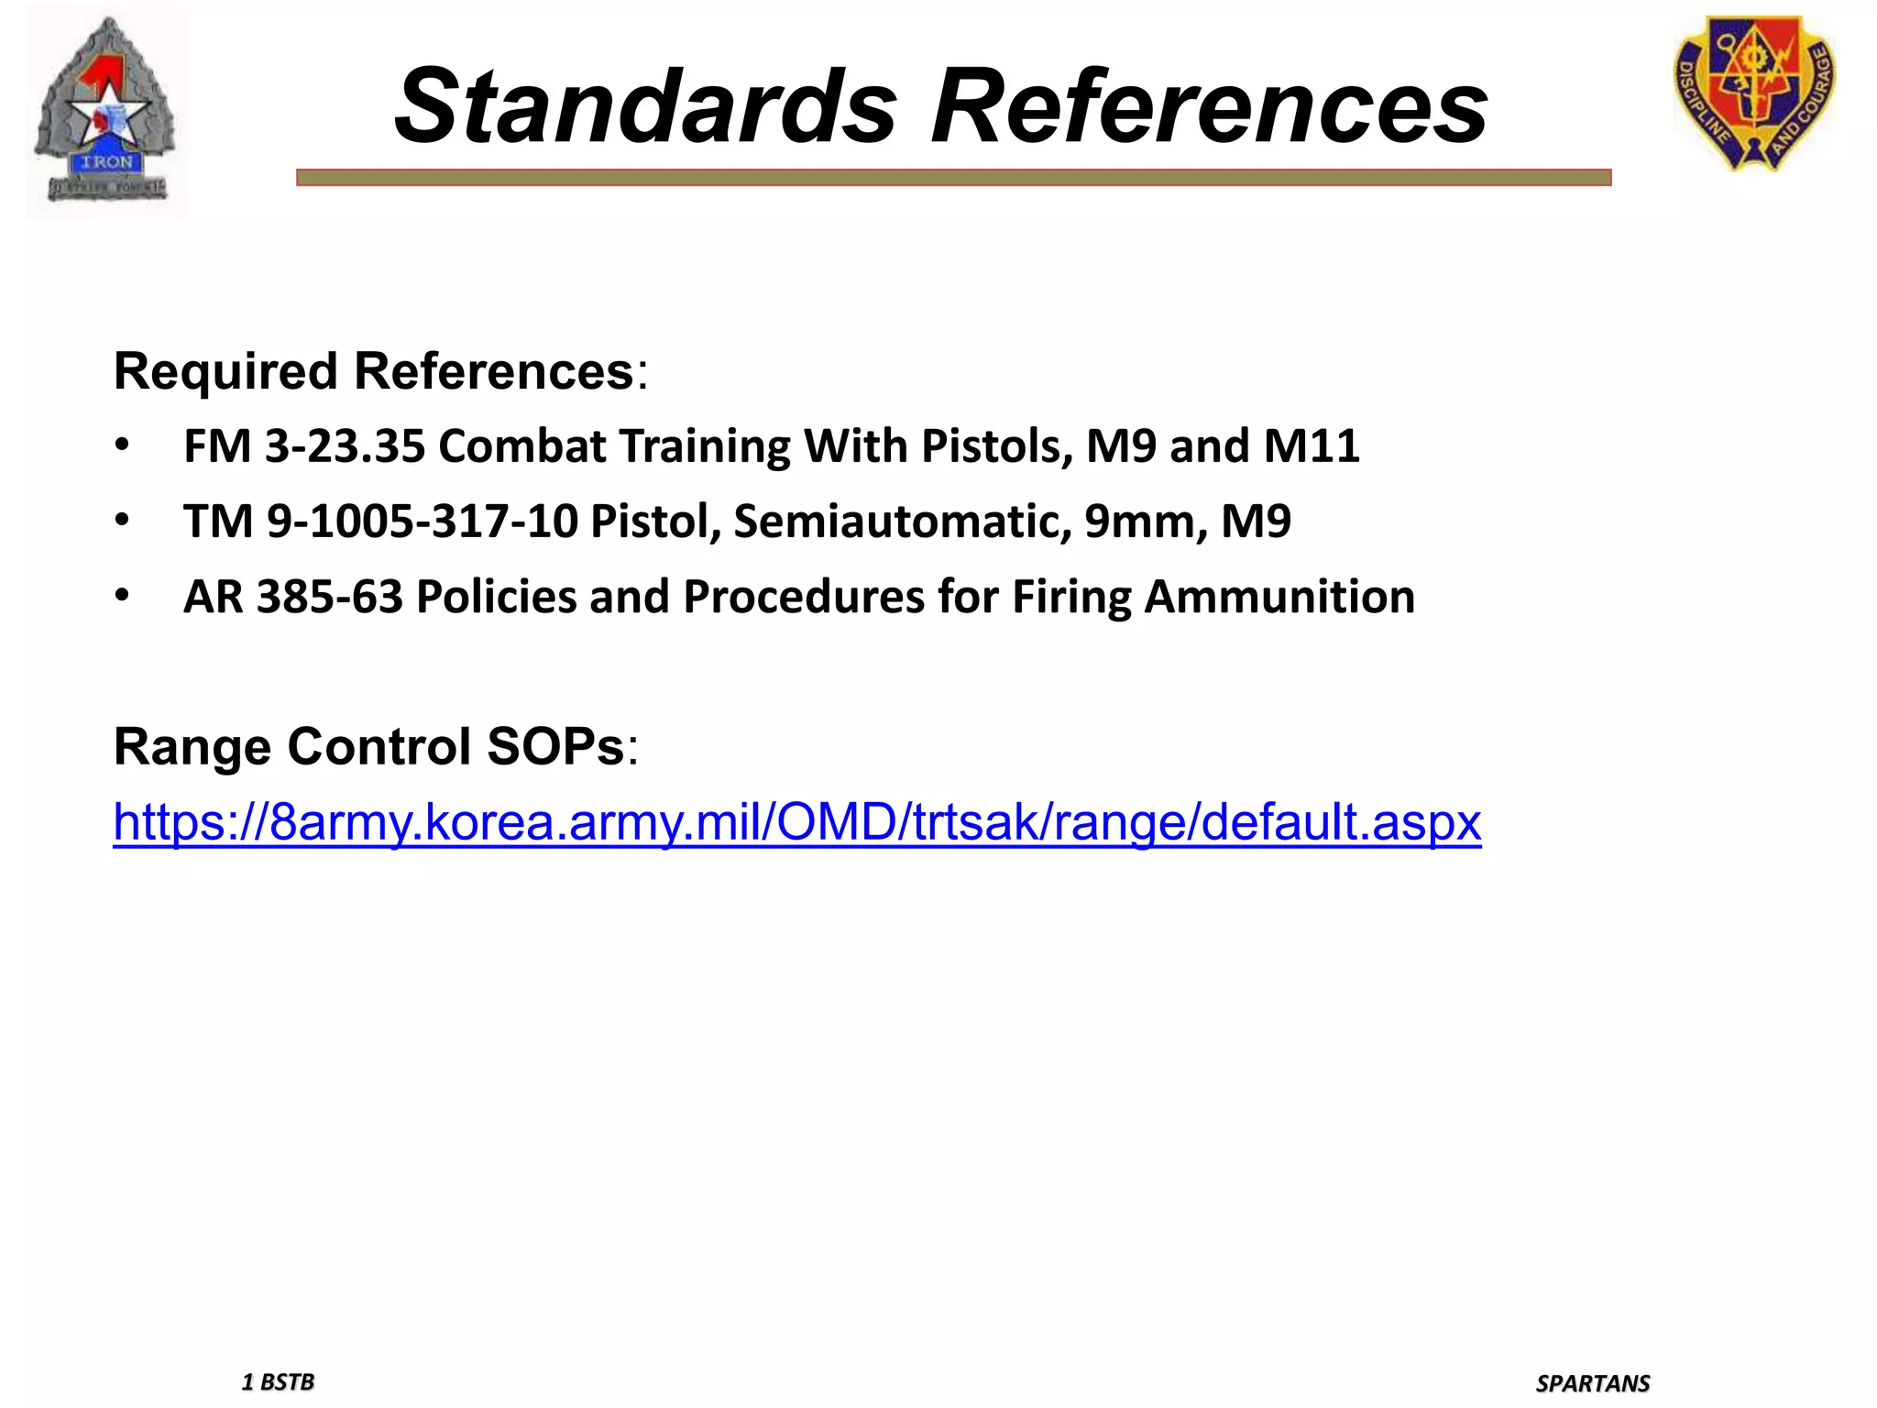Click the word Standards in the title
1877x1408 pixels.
click(x=645, y=107)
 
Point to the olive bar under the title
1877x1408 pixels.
click(x=953, y=178)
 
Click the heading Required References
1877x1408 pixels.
click(x=374, y=371)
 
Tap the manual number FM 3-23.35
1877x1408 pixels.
click(x=304, y=446)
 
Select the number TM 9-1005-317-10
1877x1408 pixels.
click(x=380, y=522)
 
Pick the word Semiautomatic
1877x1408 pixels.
click(x=903, y=522)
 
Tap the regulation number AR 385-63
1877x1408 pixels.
click(x=293, y=597)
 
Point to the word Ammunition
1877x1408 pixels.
click(x=1279, y=597)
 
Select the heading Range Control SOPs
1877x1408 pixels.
click(x=368, y=746)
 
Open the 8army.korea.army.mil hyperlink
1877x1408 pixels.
click(x=796, y=821)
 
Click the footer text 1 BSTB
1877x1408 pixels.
click(x=278, y=1381)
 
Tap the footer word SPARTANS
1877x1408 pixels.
click(x=1593, y=1383)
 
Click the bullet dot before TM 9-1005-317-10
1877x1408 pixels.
click(x=122, y=522)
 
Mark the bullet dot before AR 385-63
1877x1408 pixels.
click(x=122, y=597)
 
